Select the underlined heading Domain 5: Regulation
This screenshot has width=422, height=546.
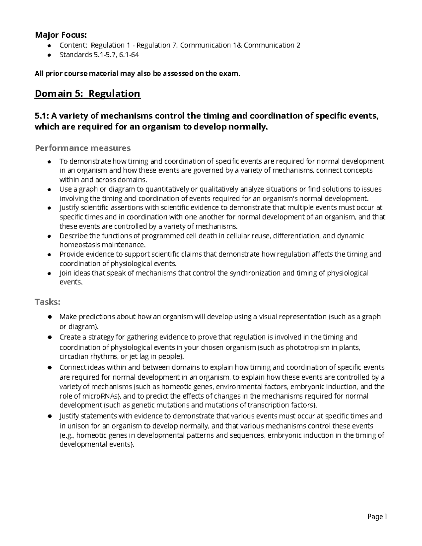pyautogui.click(x=87, y=94)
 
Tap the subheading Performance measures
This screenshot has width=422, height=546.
pyautogui.click(x=83, y=148)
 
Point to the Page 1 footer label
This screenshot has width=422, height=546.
pyautogui.click(x=377, y=517)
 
